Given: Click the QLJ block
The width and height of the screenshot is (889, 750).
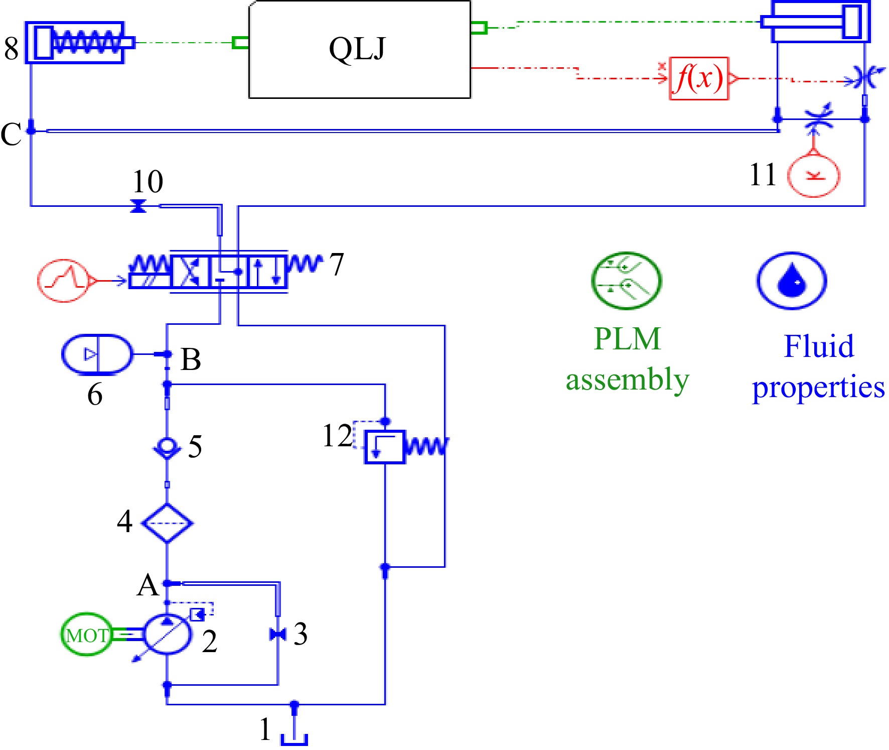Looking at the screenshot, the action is [x=360, y=49].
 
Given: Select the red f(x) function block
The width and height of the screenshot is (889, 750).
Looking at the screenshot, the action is [x=699, y=78].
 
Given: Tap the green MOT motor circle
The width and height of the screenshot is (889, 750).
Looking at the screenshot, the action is [x=86, y=635].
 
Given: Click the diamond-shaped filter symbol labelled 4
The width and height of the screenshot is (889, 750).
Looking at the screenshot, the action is [x=167, y=523].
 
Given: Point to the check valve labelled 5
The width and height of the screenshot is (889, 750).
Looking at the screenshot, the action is [x=167, y=447].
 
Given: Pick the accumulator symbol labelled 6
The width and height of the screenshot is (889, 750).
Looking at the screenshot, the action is [x=97, y=354].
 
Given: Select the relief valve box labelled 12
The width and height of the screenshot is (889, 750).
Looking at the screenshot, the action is [x=384, y=446].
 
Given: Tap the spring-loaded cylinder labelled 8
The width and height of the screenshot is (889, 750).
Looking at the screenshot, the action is [x=79, y=43].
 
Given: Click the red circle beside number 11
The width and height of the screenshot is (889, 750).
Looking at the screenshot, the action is [x=814, y=175].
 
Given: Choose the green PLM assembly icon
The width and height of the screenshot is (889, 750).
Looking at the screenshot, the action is [x=626, y=280].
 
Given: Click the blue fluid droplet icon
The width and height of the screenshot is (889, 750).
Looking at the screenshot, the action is [x=792, y=281].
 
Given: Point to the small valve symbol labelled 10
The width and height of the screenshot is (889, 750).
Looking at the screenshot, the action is [x=138, y=206].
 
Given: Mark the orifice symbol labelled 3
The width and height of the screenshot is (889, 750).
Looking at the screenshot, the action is [x=277, y=635].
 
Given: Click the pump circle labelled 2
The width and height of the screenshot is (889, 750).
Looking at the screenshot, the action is [x=167, y=634].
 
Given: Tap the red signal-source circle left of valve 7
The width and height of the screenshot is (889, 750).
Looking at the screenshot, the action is [x=64, y=281].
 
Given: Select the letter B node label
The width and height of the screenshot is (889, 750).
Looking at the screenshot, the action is [x=191, y=359].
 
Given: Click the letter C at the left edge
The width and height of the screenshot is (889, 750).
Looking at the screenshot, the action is [x=11, y=134].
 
